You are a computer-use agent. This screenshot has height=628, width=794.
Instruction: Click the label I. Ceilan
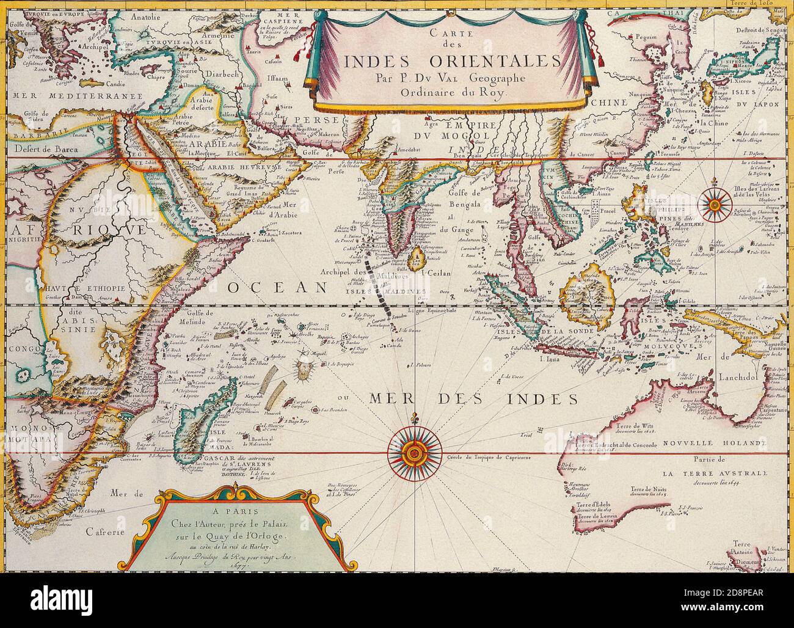pyautogui.click(x=434, y=273)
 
